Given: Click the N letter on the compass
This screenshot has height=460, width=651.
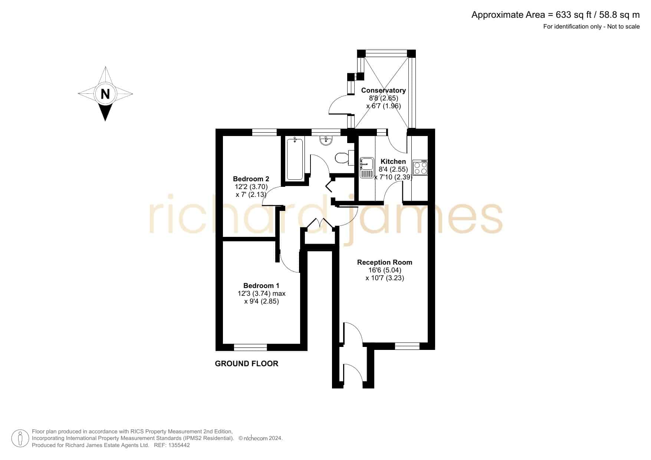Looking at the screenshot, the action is tap(105, 94).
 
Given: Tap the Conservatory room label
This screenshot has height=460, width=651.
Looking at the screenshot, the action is tap(383, 90).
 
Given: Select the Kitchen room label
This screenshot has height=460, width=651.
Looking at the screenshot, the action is tap(393, 161).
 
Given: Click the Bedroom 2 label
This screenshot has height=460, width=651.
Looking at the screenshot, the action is tap(251, 179).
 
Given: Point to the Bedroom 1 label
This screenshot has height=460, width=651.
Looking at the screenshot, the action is tap(261, 285).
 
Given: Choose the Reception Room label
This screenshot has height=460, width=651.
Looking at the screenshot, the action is tap(385, 262).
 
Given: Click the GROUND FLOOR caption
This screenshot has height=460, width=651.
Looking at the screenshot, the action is tap(247, 364).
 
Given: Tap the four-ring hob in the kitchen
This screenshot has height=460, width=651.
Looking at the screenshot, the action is tap(420, 168).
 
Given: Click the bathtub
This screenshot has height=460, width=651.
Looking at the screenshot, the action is tap(295, 158).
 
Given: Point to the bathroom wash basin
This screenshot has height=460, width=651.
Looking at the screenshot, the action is tap(326, 140).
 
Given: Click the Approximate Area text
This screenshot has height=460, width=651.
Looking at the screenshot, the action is tap(555, 15).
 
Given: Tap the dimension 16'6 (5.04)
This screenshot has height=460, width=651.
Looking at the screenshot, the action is tap(385, 270).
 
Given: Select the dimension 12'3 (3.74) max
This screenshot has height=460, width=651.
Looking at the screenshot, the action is tap(262, 294).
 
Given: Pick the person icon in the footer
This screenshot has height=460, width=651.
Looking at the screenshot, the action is tap(20, 439).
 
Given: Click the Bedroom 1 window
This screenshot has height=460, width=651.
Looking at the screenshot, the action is tap(250, 347).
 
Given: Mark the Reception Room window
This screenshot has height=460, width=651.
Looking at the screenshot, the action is tap(407, 346).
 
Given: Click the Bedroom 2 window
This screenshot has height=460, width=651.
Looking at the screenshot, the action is tap(264, 132).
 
